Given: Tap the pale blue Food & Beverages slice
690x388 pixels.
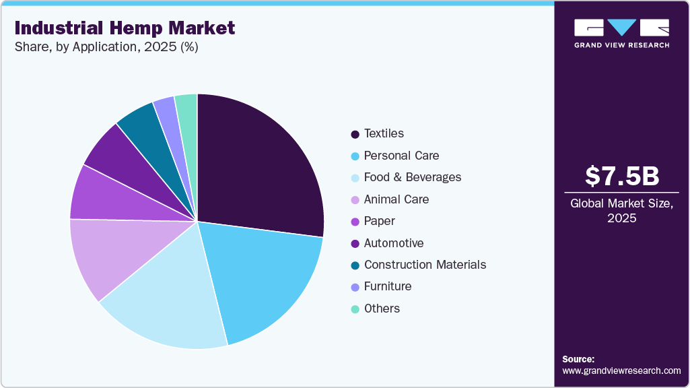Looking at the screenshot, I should (x=168, y=306).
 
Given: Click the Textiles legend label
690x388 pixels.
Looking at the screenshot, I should (x=384, y=133).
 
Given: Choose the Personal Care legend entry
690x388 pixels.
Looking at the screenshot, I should (x=401, y=156).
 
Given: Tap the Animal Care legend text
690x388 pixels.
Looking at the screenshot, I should (x=396, y=199).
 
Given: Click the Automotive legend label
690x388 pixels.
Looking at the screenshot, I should (x=394, y=243).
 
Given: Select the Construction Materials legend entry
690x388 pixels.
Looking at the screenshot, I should (x=425, y=265).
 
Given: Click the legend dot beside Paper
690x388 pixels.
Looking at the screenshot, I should (x=355, y=222).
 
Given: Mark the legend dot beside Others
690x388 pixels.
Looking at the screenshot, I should (x=355, y=309).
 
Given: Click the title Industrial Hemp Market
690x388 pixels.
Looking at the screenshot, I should (x=125, y=28).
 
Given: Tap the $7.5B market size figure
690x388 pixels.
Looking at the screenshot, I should (x=621, y=176).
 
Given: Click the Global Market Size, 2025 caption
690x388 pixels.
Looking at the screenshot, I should (x=621, y=210).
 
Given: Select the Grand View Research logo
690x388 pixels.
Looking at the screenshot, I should (x=621, y=33).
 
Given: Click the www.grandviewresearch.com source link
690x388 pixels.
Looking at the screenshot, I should (x=621, y=370).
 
